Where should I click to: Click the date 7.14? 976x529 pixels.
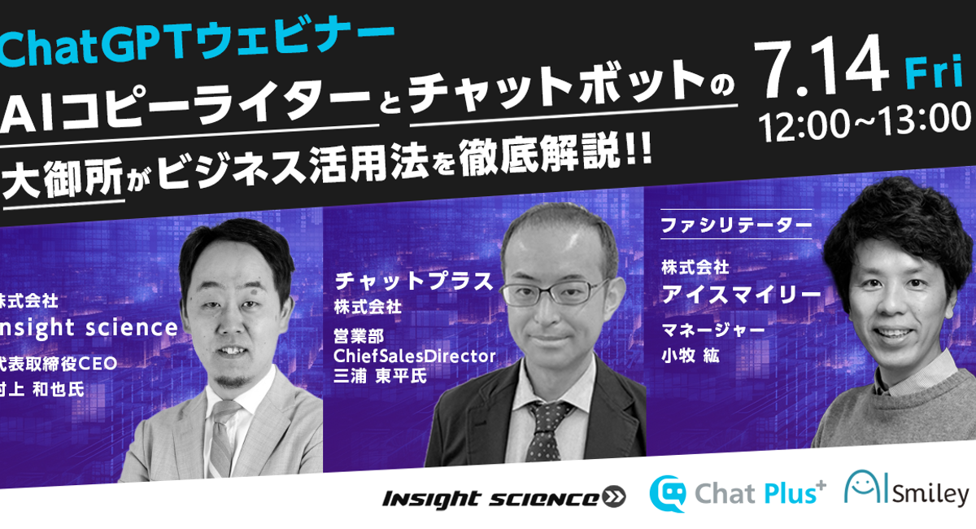[x=821, y=66]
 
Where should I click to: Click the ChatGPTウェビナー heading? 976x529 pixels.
[x=197, y=43]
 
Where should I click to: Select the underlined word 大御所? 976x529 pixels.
[x=63, y=179]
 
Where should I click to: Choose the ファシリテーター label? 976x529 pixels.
[x=736, y=225]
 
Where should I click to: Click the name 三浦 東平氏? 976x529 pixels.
[x=380, y=377]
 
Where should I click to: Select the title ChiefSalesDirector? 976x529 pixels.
[x=415, y=356]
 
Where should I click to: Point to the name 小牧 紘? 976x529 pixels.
[x=691, y=356]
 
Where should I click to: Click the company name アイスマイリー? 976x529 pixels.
[x=741, y=295]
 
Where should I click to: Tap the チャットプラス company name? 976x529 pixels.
[x=414, y=282]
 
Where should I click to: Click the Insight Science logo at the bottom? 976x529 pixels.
[x=503, y=498]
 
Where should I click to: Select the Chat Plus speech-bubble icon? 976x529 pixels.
[x=668, y=494]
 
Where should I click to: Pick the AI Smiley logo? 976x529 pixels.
[x=906, y=488]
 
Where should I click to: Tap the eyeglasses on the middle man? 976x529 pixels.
[x=553, y=292]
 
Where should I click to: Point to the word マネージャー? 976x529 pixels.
[x=714, y=330]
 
